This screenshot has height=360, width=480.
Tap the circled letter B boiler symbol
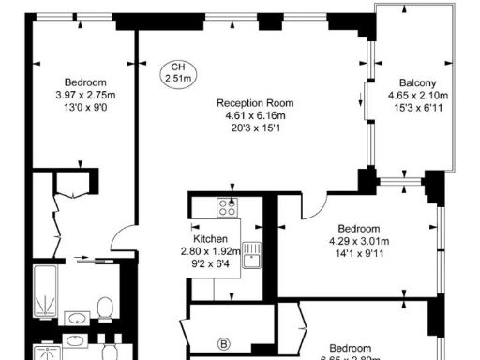(x=223, y=343)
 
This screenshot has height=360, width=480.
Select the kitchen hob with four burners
(x=227, y=207)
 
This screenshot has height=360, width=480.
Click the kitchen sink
(x=250, y=254)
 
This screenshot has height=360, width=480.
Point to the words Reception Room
(x=255, y=103)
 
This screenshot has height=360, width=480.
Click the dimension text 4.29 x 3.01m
(x=359, y=242)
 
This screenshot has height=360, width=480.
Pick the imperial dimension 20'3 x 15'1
(x=255, y=128)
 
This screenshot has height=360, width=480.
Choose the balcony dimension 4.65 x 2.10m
(x=418, y=95)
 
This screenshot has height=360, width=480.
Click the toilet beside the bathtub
(x=105, y=307)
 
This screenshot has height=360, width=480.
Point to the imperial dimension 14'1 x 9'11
(x=359, y=254)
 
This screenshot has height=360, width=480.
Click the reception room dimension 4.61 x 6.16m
(x=255, y=115)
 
